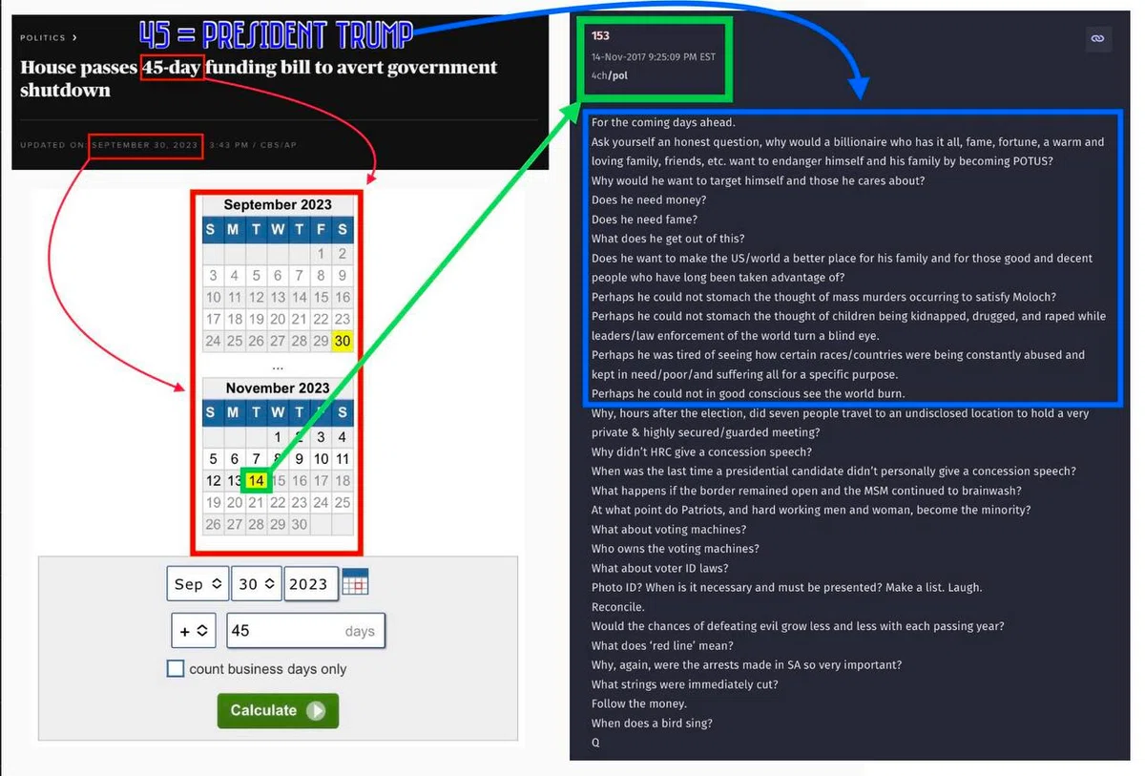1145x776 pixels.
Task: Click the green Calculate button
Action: tap(278, 710)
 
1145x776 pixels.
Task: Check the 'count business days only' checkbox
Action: tap(176, 668)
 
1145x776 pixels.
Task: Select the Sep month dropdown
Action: tap(198, 583)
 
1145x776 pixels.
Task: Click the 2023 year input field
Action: tap(311, 583)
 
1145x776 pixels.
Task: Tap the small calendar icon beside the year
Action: tap(355, 581)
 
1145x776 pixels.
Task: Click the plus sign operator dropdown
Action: tap(193, 630)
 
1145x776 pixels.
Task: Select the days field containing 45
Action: tap(305, 630)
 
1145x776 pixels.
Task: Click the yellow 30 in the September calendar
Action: tap(343, 341)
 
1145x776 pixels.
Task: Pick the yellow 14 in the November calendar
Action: tap(256, 480)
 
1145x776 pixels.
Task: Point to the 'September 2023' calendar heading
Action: tap(278, 204)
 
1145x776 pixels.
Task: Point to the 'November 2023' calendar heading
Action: tap(278, 388)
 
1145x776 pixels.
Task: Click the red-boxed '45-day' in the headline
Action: tap(173, 67)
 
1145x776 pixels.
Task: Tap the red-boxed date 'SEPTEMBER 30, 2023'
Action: tap(145, 145)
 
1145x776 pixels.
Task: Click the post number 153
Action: tap(600, 35)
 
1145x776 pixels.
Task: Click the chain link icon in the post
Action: tap(1097, 39)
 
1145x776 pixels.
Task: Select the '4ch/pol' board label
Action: tap(610, 75)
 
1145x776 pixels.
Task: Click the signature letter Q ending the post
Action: tap(595, 743)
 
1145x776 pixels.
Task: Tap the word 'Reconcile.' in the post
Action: tap(618, 607)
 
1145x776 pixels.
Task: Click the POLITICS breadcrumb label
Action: tap(43, 38)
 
